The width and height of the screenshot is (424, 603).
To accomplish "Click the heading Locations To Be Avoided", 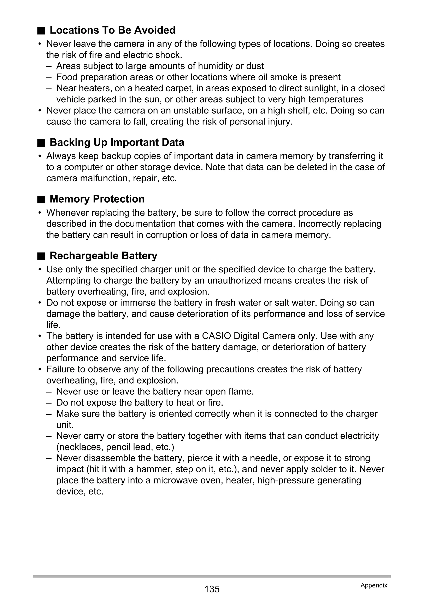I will click(112, 30).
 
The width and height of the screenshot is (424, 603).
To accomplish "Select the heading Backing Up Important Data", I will click(117, 142).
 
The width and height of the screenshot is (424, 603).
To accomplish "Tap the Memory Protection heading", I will click(97, 199).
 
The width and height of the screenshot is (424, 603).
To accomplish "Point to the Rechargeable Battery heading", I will click(104, 256).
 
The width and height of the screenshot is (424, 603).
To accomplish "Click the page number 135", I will click(212, 589).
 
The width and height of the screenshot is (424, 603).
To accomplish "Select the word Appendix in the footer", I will click(374, 585).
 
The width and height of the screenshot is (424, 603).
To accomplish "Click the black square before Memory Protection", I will click(41, 200).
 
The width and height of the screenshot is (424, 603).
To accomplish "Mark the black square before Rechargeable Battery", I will click(41, 256).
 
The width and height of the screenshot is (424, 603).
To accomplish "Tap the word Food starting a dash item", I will click(67, 77).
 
